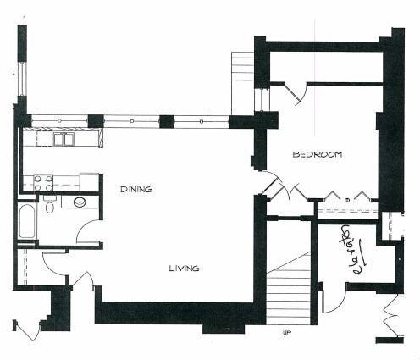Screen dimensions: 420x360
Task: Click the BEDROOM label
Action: pyautogui.click(x=318, y=154)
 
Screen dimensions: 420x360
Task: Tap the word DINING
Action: pyautogui.click(x=136, y=189)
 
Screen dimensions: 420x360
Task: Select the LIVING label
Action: pyautogui.click(x=185, y=268)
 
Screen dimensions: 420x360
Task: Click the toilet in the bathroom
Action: pyautogui.click(x=50, y=204)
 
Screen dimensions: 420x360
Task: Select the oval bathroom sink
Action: pyautogui.click(x=80, y=202)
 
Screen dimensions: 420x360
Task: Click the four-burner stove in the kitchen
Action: pyautogui.click(x=43, y=183)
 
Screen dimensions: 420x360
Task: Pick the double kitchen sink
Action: pyautogui.click(x=64, y=139)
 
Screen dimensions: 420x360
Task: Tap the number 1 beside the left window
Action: pyautogui.click(x=13, y=76)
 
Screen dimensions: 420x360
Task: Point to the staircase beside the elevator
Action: pyautogui.click(x=289, y=288)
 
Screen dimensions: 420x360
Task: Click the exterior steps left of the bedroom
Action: pyautogui.click(x=242, y=83)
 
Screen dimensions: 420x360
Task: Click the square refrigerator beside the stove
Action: pyautogui.click(x=89, y=183)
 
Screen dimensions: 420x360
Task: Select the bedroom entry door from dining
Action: pyautogui.click(x=270, y=184)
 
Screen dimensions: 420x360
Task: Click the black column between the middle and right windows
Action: pyautogui.click(x=166, y=122)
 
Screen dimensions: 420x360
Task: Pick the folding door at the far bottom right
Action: pyautogui.click(x=391, y=316)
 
